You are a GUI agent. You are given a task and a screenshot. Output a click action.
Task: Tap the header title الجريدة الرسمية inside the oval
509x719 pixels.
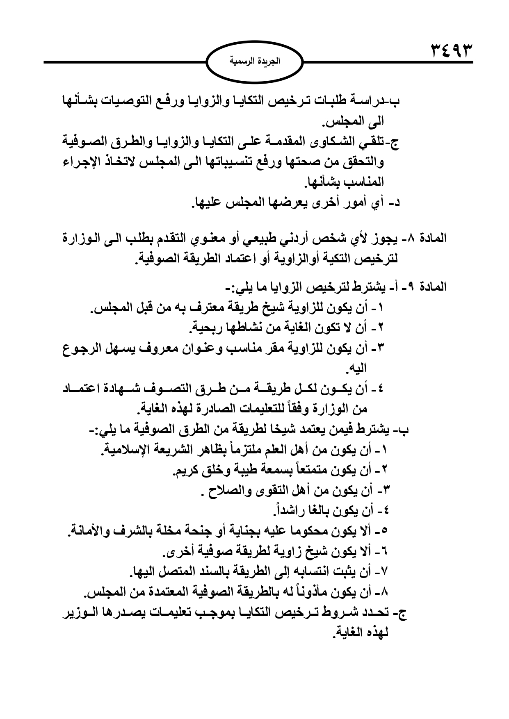(x=254, y=62)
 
